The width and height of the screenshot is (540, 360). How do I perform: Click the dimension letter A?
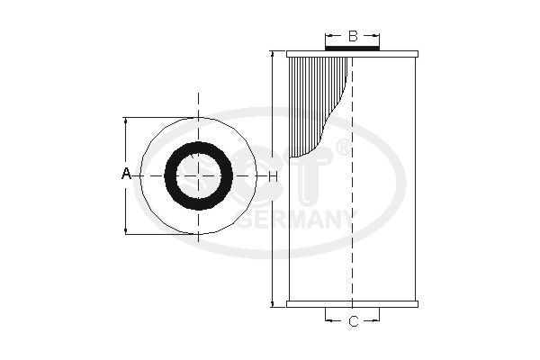click(127, 174)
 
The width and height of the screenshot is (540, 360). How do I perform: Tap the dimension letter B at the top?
click(353, 36)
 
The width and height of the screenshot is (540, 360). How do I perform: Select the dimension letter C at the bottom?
click(353, 321)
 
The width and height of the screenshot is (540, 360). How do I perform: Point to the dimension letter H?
click(272, 175)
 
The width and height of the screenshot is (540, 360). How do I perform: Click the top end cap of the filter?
click(353, 55)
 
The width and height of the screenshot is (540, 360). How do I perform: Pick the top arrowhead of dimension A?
click(127, 120)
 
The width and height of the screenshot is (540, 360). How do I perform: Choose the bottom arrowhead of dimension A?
click(127, 231)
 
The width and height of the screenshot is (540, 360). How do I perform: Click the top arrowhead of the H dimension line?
click(272, 55)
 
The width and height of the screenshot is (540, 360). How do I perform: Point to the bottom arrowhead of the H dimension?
click(272, 303)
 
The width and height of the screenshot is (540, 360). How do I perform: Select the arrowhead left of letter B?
click(328, 37)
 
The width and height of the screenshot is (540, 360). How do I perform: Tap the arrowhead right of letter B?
click(379, 37)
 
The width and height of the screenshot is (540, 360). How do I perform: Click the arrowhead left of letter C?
click(328, 321)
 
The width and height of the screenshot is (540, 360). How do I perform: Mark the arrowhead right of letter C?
click(379, 321)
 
